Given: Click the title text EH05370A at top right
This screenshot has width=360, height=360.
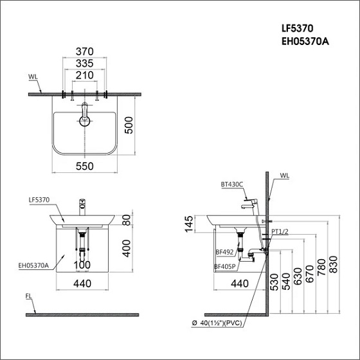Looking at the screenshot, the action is click(305, 42).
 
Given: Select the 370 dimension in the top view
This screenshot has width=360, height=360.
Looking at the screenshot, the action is click(85, 51).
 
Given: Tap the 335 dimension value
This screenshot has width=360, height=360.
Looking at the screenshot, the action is click(85, 64).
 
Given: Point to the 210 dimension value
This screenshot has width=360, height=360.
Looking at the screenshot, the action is click(85, 75).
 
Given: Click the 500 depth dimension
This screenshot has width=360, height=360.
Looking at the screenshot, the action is click(129, 125).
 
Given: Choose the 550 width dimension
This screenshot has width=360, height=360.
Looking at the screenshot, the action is click(85, 166).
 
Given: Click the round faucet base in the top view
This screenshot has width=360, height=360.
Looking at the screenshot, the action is click(85, 122).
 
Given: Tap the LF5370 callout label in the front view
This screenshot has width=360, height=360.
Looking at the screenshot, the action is click(39, 200).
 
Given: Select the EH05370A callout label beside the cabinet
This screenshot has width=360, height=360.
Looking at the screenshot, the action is click(33, 265).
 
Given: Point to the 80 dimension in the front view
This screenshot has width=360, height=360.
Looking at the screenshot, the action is click(127, 220).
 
